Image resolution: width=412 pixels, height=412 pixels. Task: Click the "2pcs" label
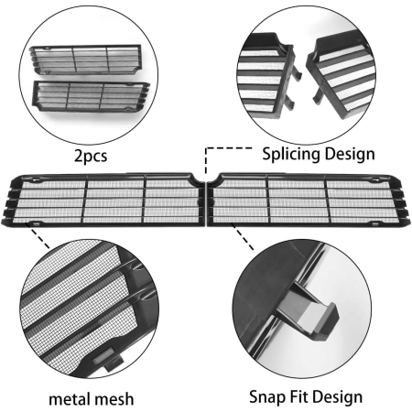(x=91, y=156)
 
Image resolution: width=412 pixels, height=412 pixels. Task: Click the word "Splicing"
(x=291, y=154)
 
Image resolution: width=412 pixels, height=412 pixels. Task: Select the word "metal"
(x=70, y=399)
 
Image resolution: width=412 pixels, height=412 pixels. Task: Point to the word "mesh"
(x=114, y=399)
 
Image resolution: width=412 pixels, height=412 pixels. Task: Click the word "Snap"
(x=267, y=397)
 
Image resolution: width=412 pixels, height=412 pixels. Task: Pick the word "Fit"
(x=299, y=396)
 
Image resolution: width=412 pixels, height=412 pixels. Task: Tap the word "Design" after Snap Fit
(x=338, y=397)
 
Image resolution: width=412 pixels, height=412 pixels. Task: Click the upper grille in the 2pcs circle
(x=86, y=60)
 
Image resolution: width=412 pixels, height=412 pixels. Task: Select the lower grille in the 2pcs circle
(x=91, y=96)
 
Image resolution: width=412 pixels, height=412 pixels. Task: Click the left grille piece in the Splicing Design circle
(x=268, y=78)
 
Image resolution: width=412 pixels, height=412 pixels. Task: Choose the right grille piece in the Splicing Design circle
(x=342, y=71)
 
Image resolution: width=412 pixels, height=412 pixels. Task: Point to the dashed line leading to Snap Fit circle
(x=243, y=237)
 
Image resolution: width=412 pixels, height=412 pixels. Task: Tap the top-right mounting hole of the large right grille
(x=374, y=180)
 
